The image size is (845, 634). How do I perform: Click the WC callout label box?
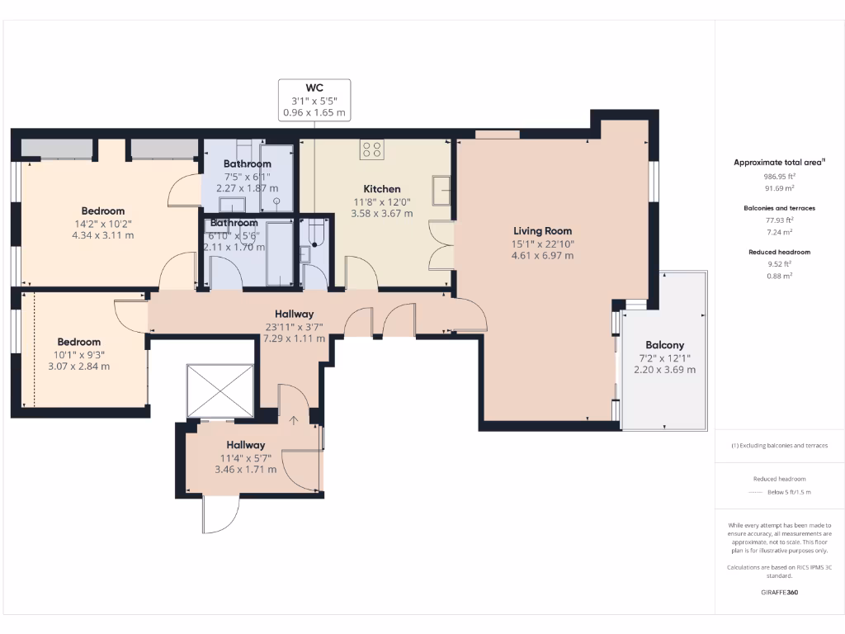(x=314, y=100)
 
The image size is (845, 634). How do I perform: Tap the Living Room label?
(x=542, y=231)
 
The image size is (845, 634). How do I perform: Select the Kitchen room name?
(x=381, y=189)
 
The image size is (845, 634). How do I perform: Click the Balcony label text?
(x=664, y=345)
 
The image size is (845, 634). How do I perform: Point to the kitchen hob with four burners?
(x=372, y=149)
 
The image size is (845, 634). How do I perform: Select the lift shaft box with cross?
(x=220, y=389)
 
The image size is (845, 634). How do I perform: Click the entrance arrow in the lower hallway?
(x=294, y=421)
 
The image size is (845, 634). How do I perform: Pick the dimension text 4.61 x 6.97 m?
(x=542, y=255)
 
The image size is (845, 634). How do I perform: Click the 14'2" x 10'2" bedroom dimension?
(x=102, y=223)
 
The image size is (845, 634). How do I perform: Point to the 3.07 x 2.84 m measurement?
(x=78, y=367)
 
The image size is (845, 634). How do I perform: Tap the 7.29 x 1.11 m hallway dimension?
(x=294, y=338)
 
